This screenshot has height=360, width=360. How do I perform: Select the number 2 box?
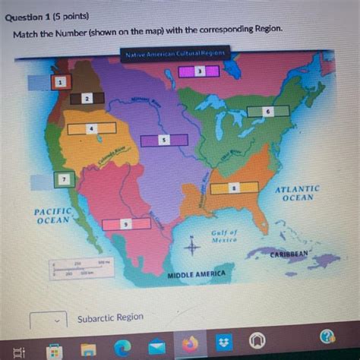(x=87, y=99)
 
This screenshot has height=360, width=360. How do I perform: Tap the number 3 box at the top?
(x=198, y=71)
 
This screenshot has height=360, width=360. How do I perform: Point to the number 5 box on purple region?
(x=163, y=141)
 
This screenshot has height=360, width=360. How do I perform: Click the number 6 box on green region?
(x=268, y=111)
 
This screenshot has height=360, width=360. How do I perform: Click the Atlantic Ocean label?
(x=297, y=192)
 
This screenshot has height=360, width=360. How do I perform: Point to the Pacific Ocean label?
(x=52, y=215)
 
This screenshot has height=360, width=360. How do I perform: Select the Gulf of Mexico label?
(x=224, y=235)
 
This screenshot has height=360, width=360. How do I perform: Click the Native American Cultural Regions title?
(x=175, y=54)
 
